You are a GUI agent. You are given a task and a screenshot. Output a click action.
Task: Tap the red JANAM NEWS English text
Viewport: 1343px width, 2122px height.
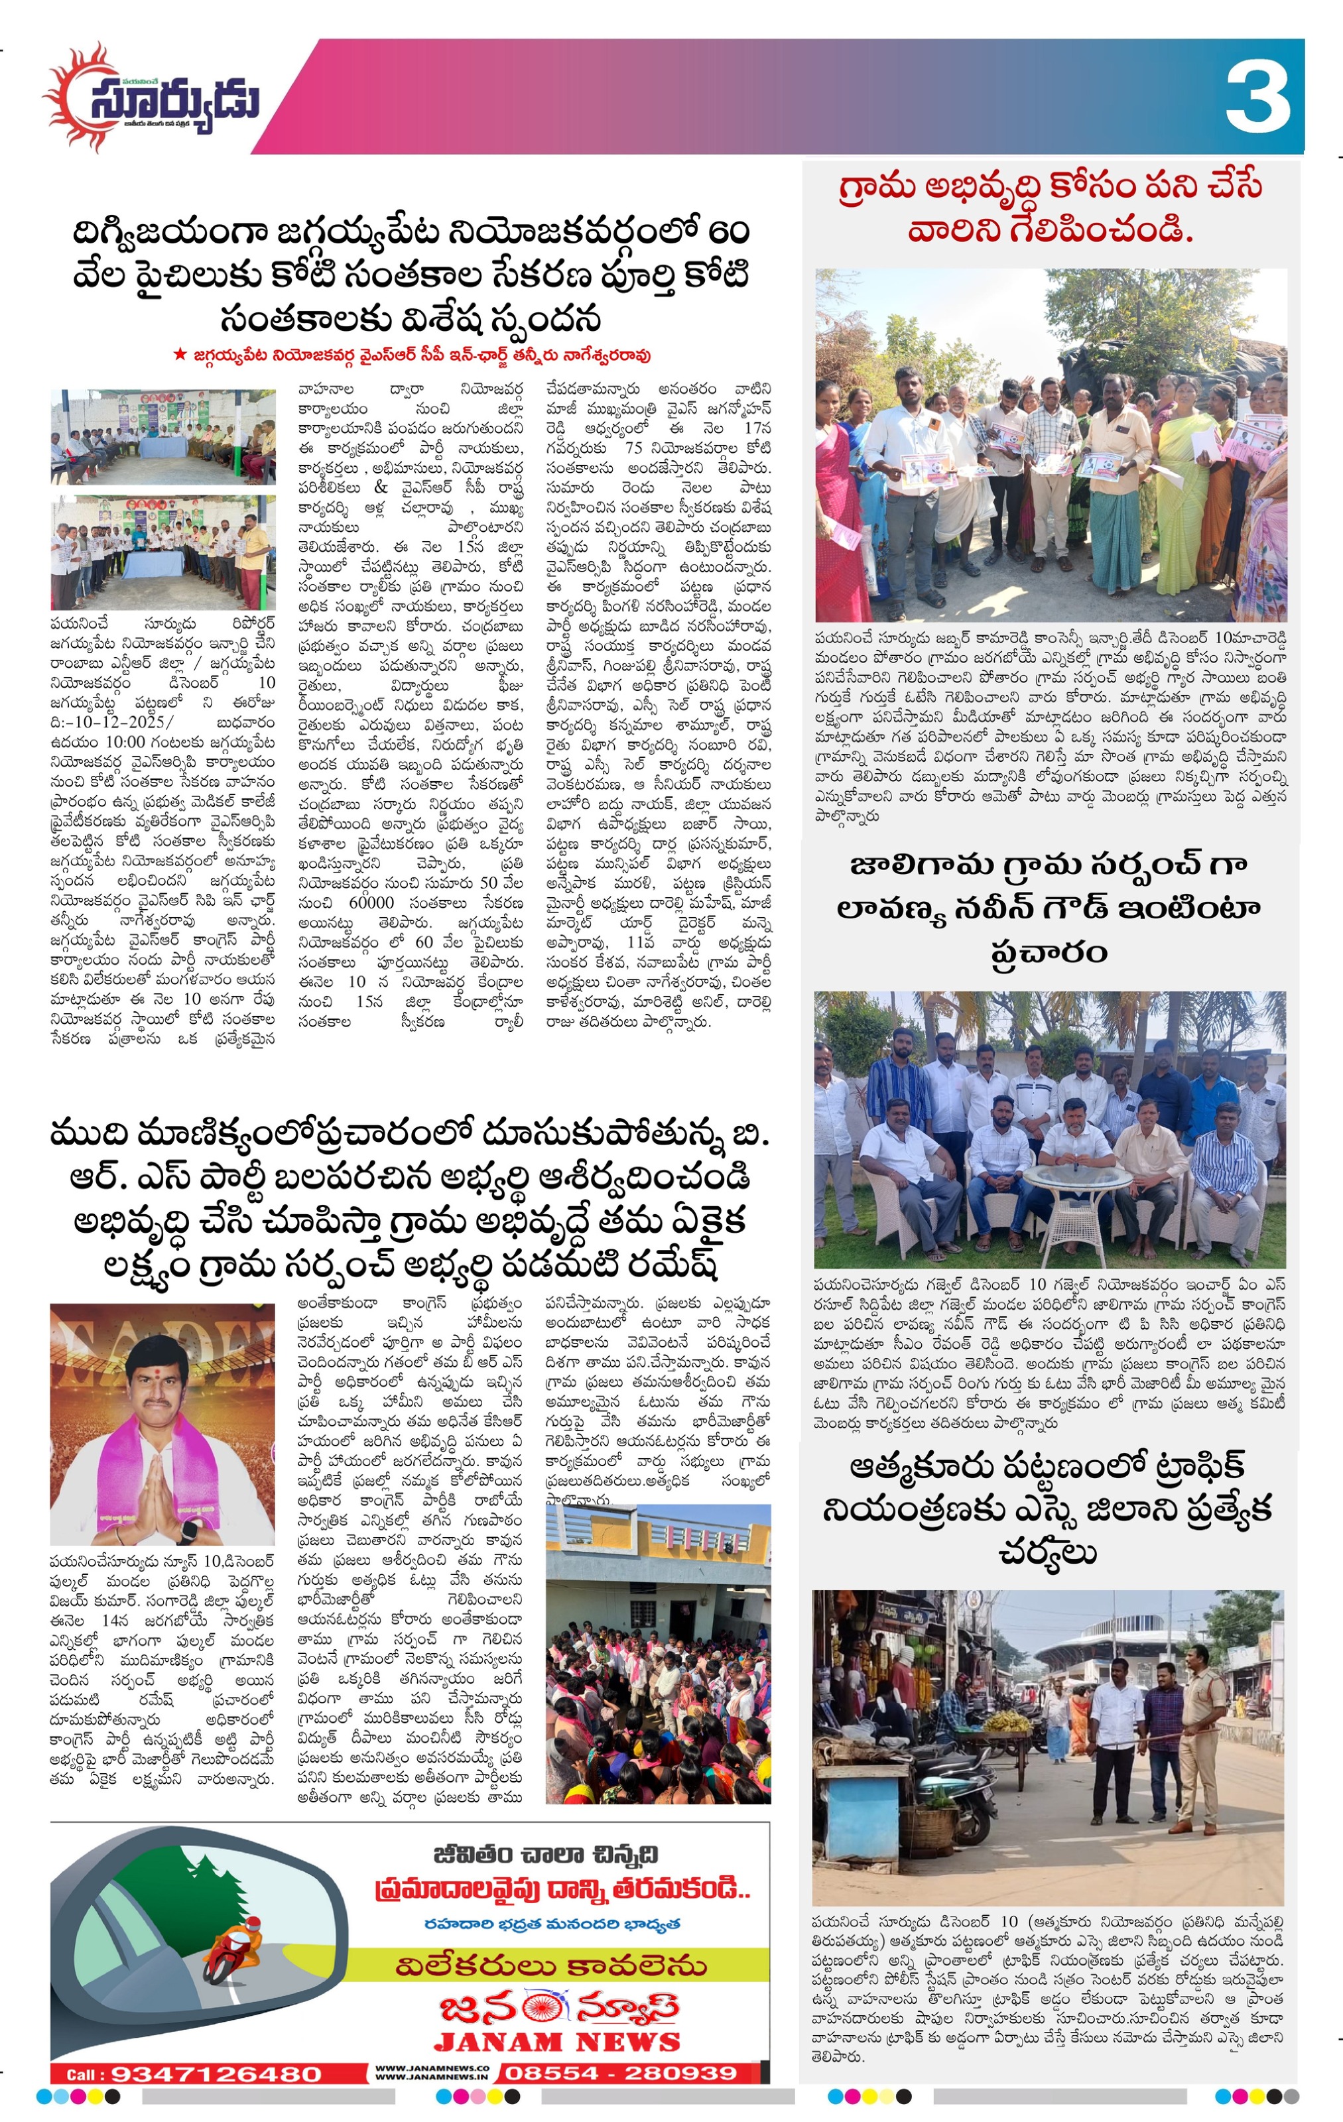tap(556, 2042)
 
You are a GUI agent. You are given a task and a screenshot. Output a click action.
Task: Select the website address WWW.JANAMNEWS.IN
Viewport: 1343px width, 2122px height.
tap(432, 2077)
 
